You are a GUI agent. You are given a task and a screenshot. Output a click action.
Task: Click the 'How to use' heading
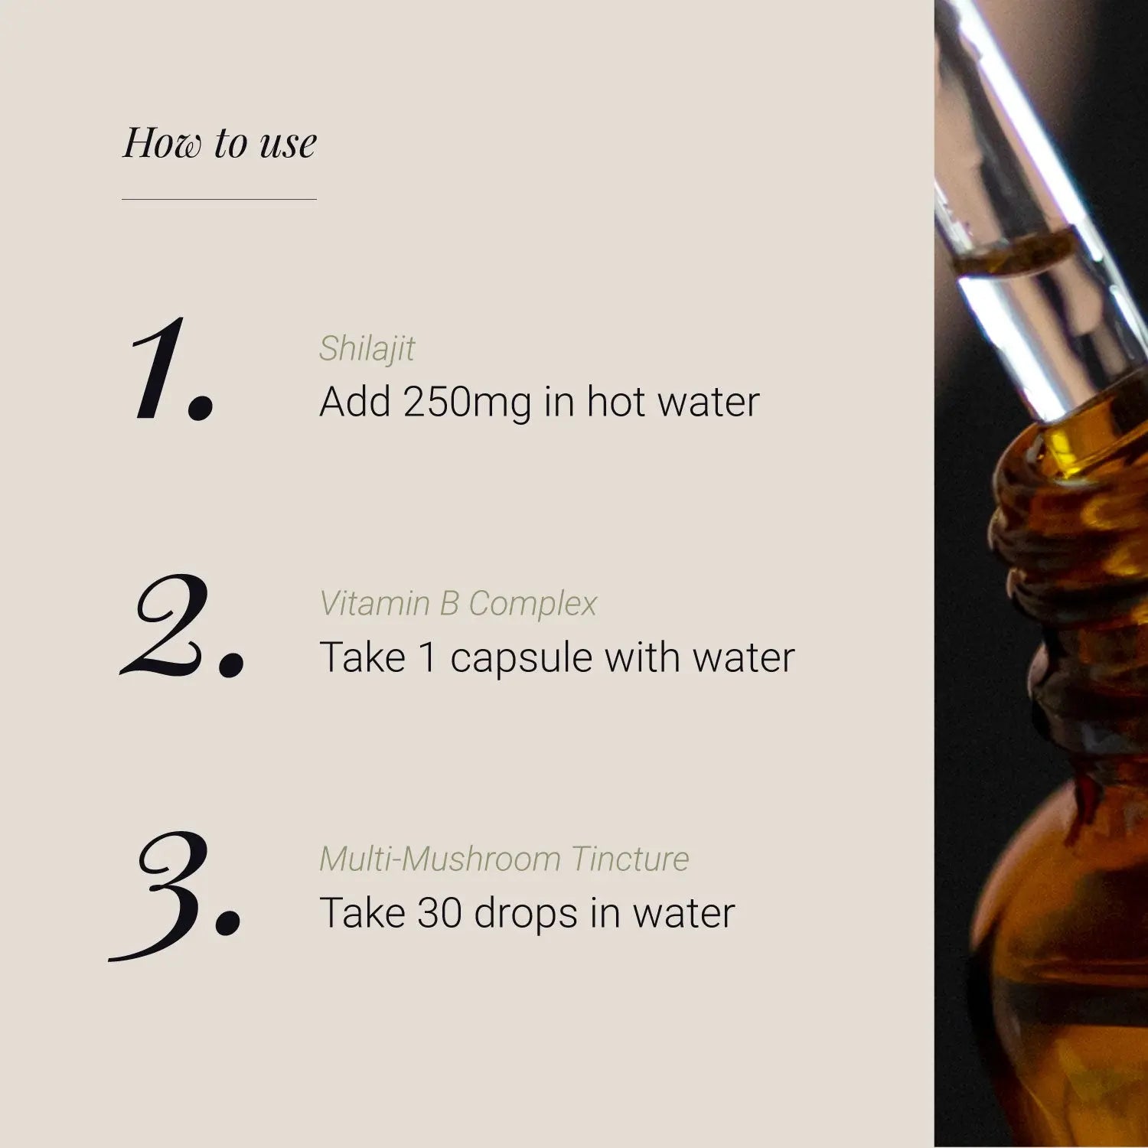(220, 142)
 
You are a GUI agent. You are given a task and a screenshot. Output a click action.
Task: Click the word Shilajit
(367, 349)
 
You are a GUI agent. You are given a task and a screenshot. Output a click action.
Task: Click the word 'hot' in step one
(616, 402)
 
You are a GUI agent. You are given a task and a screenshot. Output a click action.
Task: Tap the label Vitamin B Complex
(458, 604)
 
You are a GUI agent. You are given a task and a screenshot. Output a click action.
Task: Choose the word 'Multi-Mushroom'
(439, 859)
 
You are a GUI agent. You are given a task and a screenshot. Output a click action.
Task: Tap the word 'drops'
(525, 915)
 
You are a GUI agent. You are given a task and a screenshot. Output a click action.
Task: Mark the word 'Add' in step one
(354, 402)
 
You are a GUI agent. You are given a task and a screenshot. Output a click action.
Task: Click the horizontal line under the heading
(219, 199)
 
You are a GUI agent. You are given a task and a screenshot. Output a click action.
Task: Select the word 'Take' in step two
(362, 657)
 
